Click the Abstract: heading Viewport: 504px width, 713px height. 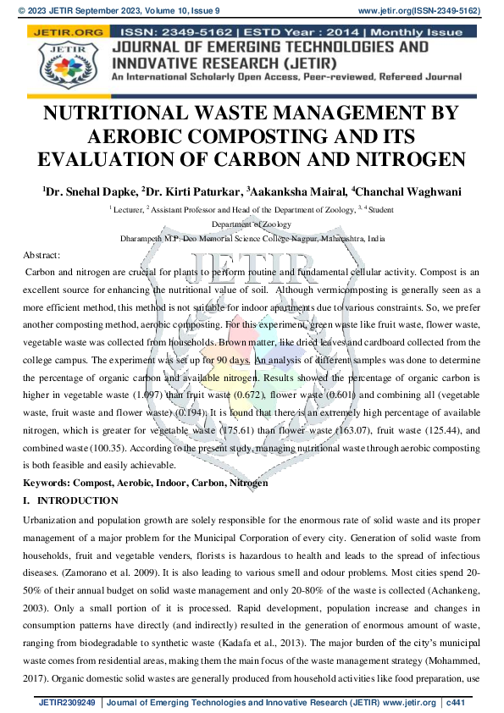tap(42, 255)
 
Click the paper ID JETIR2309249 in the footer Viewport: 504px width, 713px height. tap(69, 702)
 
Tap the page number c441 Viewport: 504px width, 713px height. tap(457, 702)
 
